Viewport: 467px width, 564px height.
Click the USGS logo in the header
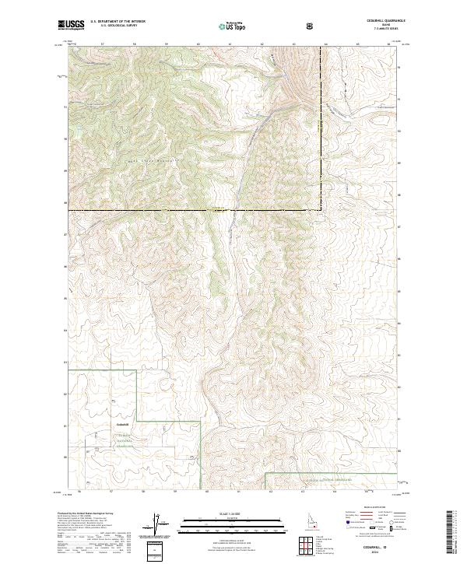click(x=71, y=25)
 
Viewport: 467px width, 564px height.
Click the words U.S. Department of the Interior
click(x=118, y=22)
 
